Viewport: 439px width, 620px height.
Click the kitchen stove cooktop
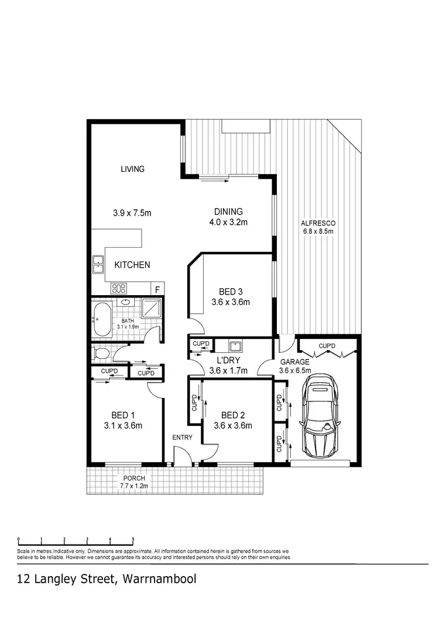click(119, 288)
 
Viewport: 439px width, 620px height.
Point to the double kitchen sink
click(98, 265)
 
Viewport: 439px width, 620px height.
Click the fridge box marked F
click(157, 289)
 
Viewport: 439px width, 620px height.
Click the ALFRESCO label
click(317, 223)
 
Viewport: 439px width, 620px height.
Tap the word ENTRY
click(181, 437)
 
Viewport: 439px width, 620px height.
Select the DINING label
click(228, 212)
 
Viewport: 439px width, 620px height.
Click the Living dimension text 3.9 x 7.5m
click(132, 213)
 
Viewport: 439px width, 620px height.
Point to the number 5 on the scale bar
click(133, 539)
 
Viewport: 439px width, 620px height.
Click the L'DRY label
click(228, 361)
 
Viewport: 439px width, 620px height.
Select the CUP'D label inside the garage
click(327, 347)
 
